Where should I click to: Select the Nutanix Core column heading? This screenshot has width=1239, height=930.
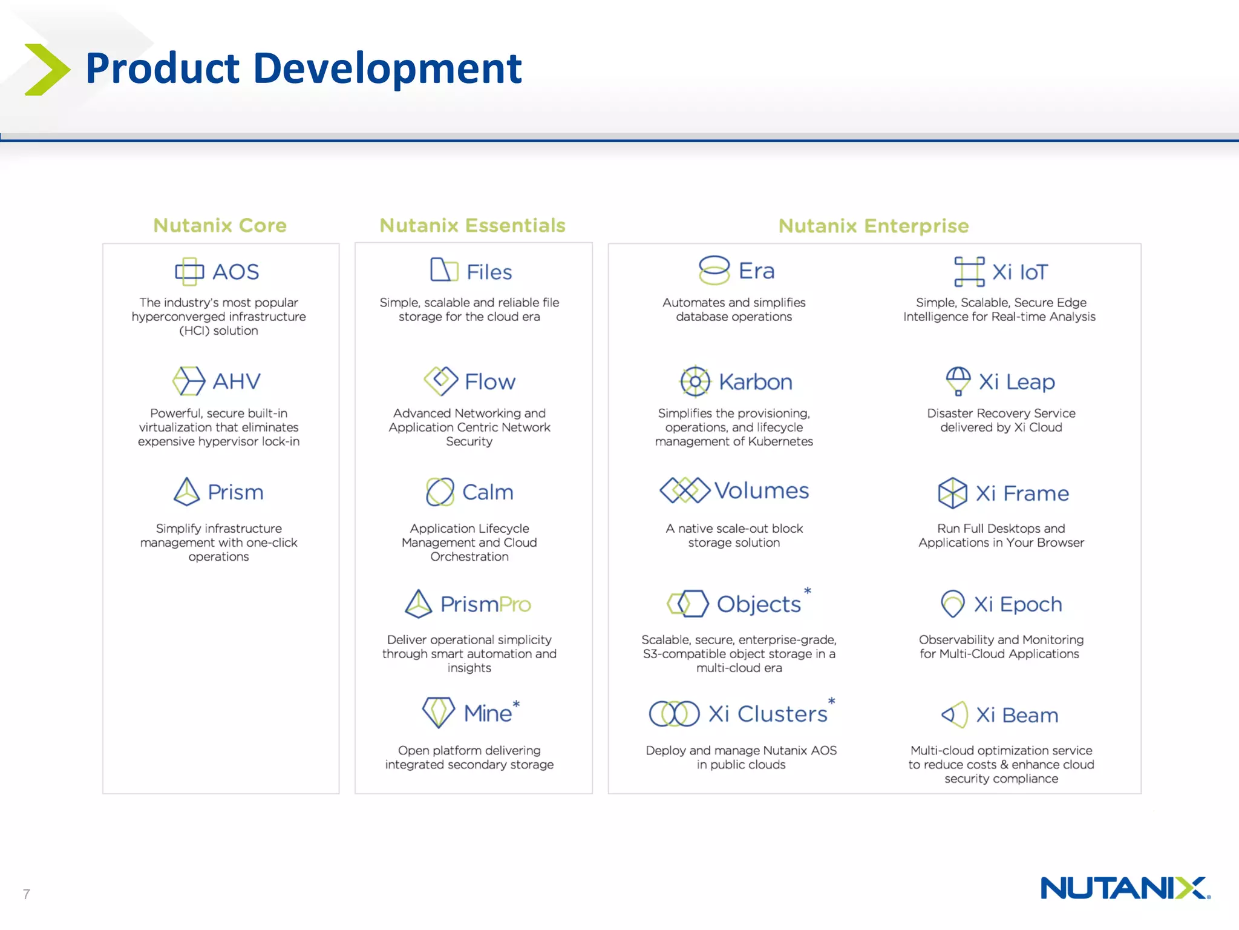coord(220,225)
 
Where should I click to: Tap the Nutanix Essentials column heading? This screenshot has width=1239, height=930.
coord(472,225)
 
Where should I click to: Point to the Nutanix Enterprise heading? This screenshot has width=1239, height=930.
coord(874,226)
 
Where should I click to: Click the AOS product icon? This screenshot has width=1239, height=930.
coord(189,271)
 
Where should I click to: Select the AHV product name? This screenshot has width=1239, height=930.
coord(237,381)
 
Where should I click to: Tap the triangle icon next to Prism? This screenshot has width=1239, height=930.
coord(186,492)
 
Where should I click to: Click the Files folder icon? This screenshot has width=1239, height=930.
coord(443,270)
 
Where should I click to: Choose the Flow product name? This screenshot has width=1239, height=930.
coord(490,382)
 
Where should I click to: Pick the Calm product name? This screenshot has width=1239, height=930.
coord(488,492)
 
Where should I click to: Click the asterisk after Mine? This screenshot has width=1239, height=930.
coord(516,704)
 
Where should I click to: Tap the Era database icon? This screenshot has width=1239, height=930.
coord(714,270)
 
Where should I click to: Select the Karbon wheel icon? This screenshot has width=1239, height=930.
coord(695,381)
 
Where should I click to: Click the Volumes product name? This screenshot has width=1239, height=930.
coord(761,490)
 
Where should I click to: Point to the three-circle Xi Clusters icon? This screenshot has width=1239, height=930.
coord(674,714)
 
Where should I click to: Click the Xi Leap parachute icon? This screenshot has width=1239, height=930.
coord(958,381)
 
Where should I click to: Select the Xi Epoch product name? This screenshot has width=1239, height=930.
coord(1018,604)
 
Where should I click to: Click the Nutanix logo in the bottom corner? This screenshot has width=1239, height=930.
coord(1125,888)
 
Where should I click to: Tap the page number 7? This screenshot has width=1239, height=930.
coord(26,894)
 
